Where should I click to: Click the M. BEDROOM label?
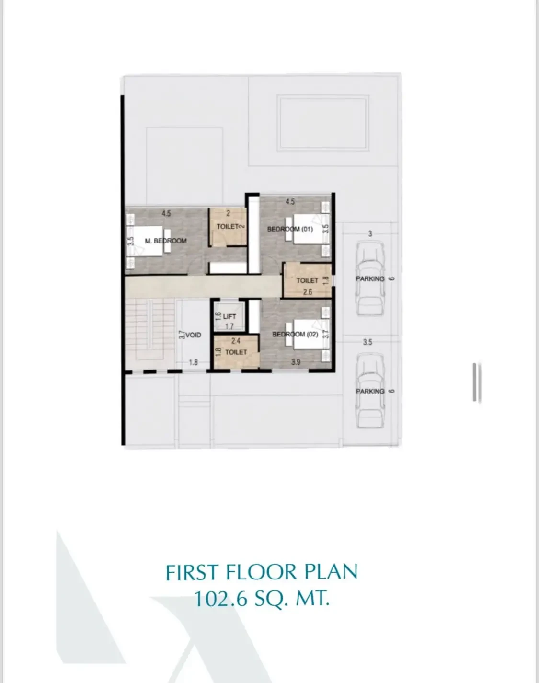point(165,241)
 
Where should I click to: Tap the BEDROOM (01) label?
point(290,229)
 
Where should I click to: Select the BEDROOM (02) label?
point(295,334)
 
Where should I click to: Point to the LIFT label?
point(229,317)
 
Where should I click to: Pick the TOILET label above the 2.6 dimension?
point(307,281)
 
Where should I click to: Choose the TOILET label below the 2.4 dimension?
point(236,352)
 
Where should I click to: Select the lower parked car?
point(370,391)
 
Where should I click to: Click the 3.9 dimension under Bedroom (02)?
point(296,363)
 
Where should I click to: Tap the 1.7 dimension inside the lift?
point(229,327)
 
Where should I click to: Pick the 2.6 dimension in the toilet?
point(308,291)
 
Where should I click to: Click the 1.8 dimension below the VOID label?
point(193,363)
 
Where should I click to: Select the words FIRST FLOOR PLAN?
point(262,573)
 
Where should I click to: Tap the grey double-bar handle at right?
point(476,382)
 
